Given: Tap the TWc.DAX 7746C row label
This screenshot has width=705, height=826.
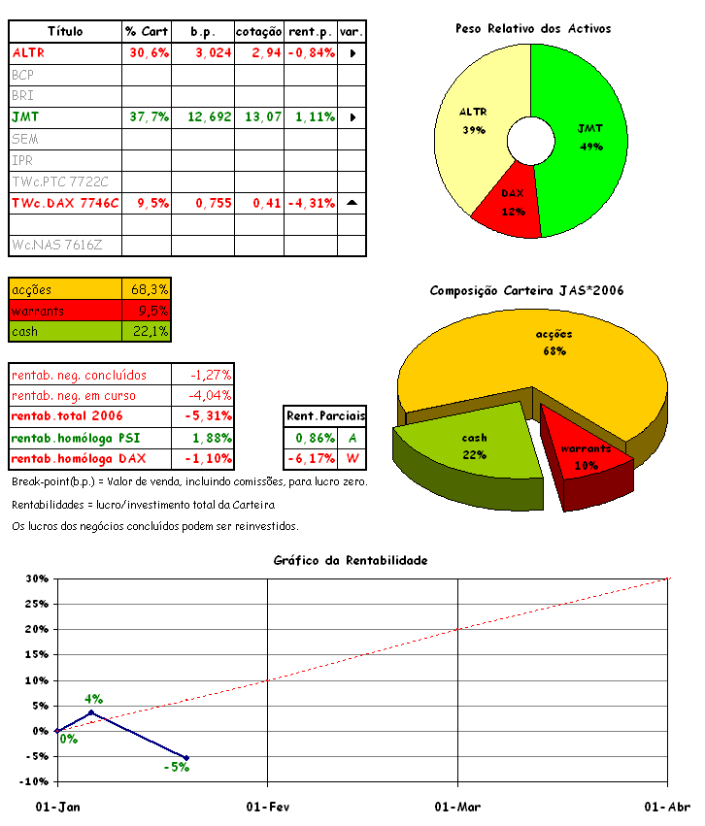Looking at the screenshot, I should [65, 203].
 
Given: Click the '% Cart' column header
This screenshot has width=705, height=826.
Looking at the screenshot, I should [147, 31].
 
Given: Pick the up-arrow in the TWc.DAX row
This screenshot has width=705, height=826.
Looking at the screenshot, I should [352, 203].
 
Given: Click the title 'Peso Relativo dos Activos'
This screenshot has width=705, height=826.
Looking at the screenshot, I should [533, 29].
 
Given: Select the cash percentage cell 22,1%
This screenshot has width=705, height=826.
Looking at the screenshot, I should [149, 332].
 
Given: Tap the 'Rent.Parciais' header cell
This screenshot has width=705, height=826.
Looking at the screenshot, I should [325, 416].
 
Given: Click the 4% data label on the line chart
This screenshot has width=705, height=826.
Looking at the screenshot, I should [93, 698].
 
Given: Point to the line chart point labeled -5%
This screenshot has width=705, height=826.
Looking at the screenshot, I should [186, 757].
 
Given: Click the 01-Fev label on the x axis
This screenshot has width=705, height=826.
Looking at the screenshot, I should [267, 807].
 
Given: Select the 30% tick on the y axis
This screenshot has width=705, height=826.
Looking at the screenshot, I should [37, 578].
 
